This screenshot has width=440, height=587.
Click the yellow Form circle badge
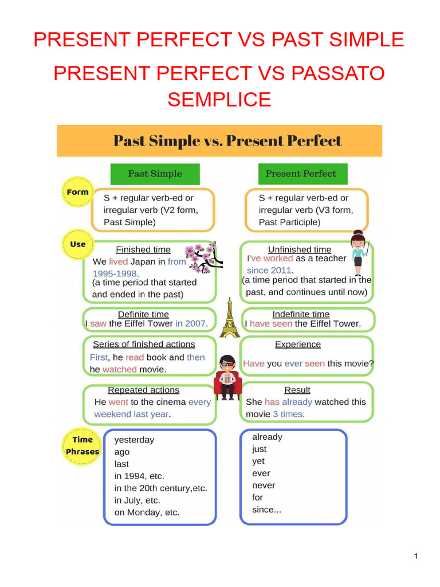coord(77,193)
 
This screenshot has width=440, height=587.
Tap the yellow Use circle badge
coord(77,244)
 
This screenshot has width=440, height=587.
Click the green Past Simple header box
coord(155,174)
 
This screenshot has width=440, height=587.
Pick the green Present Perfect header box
coord(301,174)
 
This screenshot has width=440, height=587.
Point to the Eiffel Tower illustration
coord(229,317)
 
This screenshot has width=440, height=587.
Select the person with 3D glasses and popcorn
coord(227,377)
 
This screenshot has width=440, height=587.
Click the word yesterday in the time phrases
coord(135,440)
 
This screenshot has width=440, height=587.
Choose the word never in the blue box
coord(264,486)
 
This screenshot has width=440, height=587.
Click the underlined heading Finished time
coord(143,249)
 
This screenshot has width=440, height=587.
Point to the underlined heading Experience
coord(298,345)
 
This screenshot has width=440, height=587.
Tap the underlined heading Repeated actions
coord(144,390)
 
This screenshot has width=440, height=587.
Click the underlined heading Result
coord(297,390)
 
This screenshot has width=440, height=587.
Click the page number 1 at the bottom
coord(416,556)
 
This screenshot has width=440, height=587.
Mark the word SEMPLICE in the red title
coord(219,99)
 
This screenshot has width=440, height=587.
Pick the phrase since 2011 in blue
coord(269,270)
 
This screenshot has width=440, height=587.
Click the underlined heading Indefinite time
coord(301,314)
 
